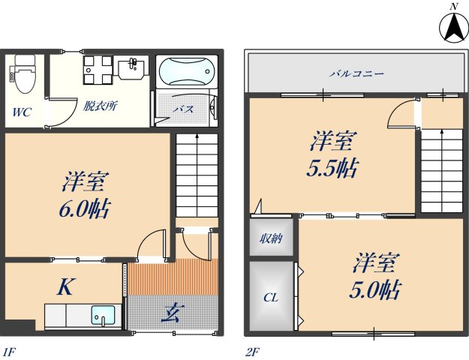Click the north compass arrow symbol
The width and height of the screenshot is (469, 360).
pos(453,28)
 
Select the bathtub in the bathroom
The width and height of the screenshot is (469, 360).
pos(186,73)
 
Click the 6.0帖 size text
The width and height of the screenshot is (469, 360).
pos(85,208)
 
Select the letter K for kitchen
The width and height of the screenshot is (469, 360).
pos(65,286)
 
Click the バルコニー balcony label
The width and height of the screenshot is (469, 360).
pos(356,74)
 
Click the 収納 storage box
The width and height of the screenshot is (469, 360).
pos(271,239)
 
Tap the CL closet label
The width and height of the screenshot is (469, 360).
pos(270,298)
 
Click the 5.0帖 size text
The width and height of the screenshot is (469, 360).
pos(374,289)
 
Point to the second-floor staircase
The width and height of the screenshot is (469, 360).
pos(441,171)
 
